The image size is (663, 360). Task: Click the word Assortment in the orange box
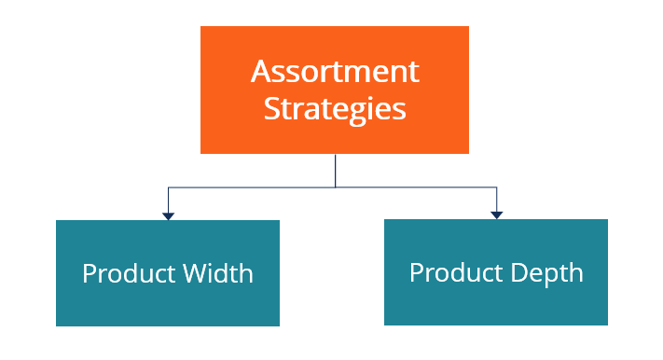click(x=335, y=71)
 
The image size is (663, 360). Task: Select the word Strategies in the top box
click(x=335, y=108)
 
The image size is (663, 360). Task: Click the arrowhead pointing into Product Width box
click(x=168, y=215)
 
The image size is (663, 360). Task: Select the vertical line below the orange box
click(x=335, y=170)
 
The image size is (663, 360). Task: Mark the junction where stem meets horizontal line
click(x=335, y=187)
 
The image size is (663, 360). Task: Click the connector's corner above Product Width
click(x=168, y=188)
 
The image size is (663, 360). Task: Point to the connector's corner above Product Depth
click(x=496, y=187)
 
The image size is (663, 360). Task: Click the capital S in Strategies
click(x=271, y=107)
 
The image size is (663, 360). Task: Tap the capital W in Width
click(x=195, y=273)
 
